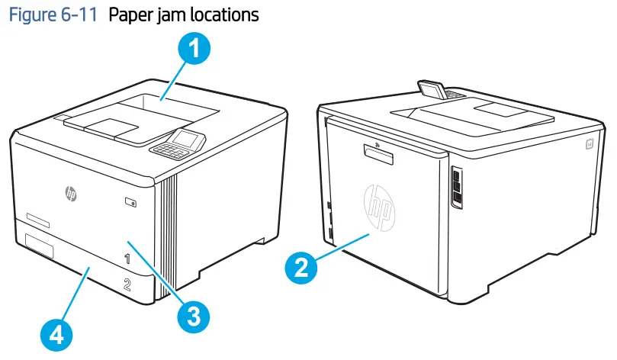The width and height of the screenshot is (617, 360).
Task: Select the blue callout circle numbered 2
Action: (x=301, y=268)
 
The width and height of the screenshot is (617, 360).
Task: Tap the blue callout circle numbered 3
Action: (x=194, y=313)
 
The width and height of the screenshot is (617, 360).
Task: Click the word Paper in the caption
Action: (x=130, y=14)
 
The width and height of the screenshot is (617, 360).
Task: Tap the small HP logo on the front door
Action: (x=70, y=194)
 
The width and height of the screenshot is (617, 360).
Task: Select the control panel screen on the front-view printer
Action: (x=187, y=139)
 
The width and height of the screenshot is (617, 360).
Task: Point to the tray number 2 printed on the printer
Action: (x=127, y=285)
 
